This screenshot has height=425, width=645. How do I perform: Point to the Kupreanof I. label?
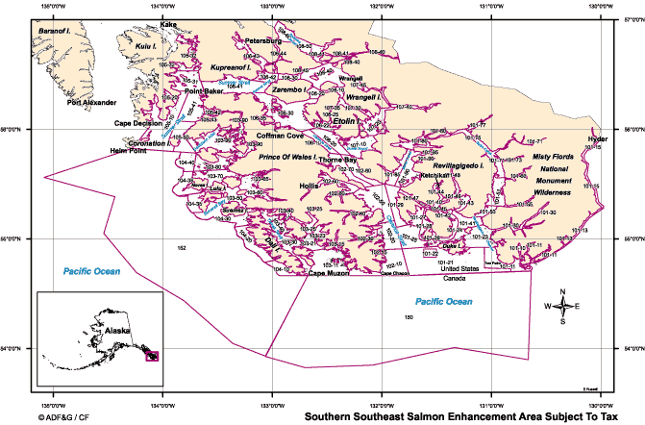click(x=231, y=68)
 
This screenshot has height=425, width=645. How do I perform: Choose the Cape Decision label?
click(x=137, y=123)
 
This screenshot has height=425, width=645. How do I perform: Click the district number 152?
click(x=181, y=248)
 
